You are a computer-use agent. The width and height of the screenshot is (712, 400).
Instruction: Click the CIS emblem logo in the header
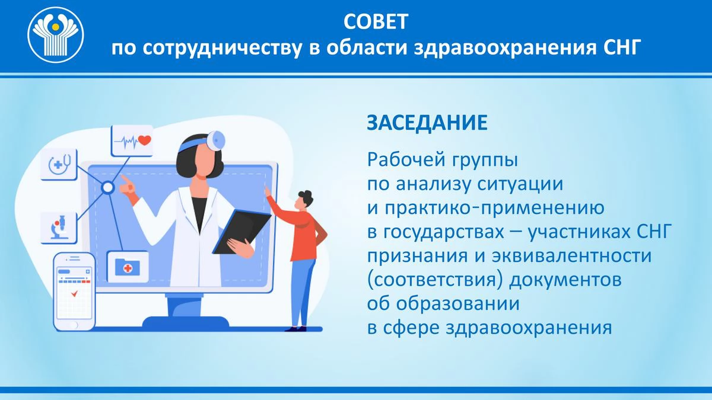[x=56, y=34]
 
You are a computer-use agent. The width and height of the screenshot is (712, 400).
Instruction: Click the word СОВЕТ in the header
[x=376, y=21]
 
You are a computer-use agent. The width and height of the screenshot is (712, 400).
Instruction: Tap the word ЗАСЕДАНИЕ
[x=427, y=123]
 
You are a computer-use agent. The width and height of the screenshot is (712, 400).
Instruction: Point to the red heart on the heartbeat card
[x=145, y=140]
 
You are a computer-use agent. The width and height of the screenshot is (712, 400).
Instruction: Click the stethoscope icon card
[x=59, y=164]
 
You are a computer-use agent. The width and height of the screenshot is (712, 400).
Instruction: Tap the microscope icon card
[x=59, y=228]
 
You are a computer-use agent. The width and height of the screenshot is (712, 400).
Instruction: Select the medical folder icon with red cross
[x=128, y=267]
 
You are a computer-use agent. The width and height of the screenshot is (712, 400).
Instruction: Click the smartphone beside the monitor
[x=74, y=292]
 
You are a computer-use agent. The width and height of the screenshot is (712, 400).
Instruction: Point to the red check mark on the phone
[x=74, y=294]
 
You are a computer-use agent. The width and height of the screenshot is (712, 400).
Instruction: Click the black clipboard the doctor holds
[x=241, y=232]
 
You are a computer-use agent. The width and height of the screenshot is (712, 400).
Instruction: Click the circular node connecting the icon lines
[x=108, y=187]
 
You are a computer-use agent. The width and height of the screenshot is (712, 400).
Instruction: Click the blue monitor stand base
[x=186, y=322]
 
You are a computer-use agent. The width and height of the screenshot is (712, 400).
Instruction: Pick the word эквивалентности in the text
[x=572, y=256]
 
